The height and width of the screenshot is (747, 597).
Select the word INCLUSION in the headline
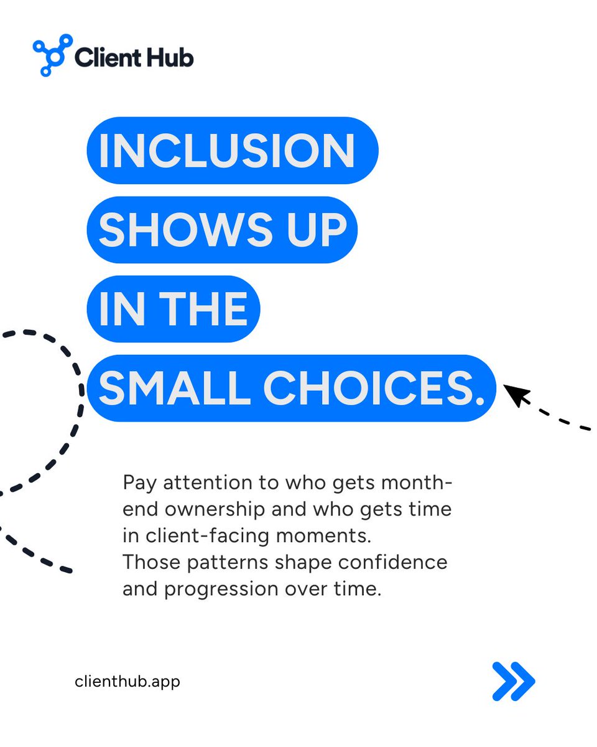[226, 151]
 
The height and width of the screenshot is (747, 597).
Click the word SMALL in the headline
[177, 388]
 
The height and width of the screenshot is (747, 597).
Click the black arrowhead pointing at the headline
[516, 395]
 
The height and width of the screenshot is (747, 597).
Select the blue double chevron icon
[513, 681]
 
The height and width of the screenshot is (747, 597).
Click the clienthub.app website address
[127, 681]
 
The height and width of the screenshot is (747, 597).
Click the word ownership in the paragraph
[211, 509]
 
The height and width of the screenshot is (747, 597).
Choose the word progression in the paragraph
[218, 589]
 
